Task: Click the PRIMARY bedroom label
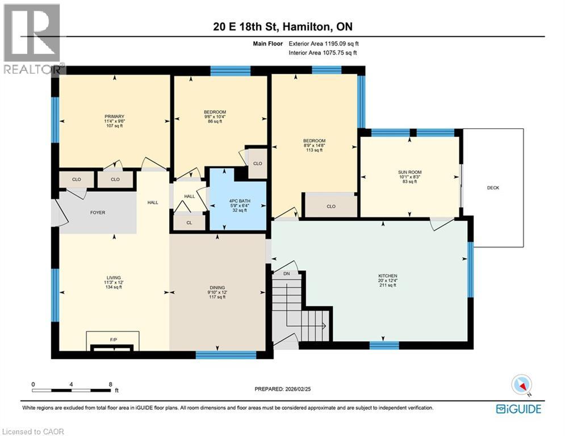pos(114,116)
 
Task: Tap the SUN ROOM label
pos(409,171)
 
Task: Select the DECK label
pos(493,188)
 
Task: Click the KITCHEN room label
pos(388,275)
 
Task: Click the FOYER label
pos(98,213)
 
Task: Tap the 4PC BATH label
pos(238,200)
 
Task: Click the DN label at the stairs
pos(286,273)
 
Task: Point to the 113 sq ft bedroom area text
pos(314,150)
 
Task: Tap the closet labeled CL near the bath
pos(189,222)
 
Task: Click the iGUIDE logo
pos(518,409)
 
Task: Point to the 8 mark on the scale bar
pos(110,384)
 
